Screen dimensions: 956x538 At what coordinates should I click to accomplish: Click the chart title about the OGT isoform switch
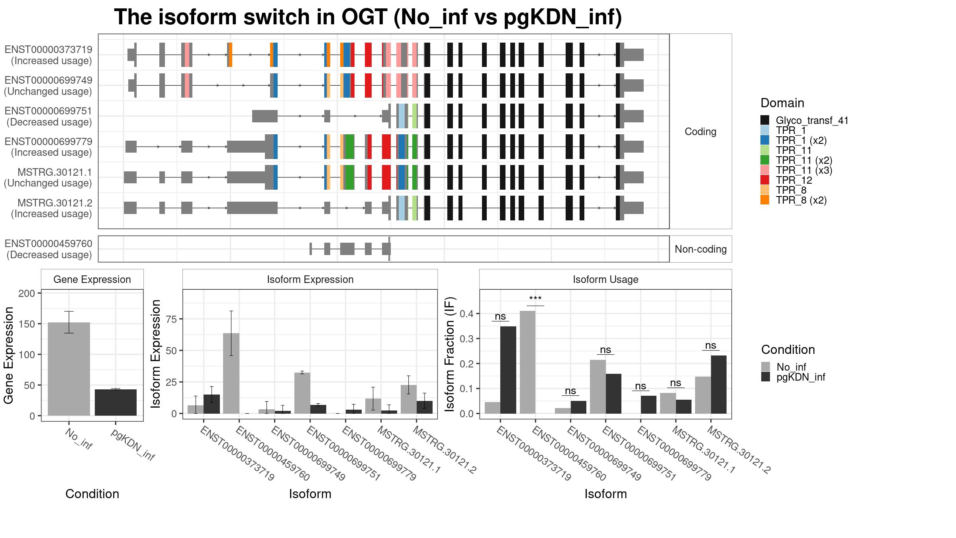pyautogui.click(x=368, y=17)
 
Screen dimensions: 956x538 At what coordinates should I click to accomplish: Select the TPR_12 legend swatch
pyautogui.click(x=765, y=180)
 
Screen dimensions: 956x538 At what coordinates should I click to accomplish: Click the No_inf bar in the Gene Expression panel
pyautogui.click(x=69, y=369)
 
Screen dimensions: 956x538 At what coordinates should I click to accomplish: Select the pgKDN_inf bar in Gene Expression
pyautogui.click(x=116, y=403)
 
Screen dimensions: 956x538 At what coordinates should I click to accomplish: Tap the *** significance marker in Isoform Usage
pyautogui.click(x=535, y=299)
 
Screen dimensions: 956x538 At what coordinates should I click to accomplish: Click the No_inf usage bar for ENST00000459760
pyautogui.click(x=527, y=362)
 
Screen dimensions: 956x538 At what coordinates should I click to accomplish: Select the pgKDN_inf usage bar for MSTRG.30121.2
pyautogui.click(x=719, y=385)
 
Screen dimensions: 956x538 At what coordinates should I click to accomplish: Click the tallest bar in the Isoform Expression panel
pyautogui.click(x=231, y=373)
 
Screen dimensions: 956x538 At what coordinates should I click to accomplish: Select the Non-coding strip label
pyautogui.click(x=701, y=249)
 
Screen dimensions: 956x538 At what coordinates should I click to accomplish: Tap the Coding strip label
pyautogui.click(x=700, y=132)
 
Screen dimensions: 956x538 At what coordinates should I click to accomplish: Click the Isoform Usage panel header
pyautogui.click(x=605, y=279)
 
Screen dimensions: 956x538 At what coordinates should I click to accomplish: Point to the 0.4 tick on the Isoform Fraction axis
pyautogui.click(x=466, y=314)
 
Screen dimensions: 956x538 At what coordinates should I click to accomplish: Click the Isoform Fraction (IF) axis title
pyautogui.click(x=450, y=354)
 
